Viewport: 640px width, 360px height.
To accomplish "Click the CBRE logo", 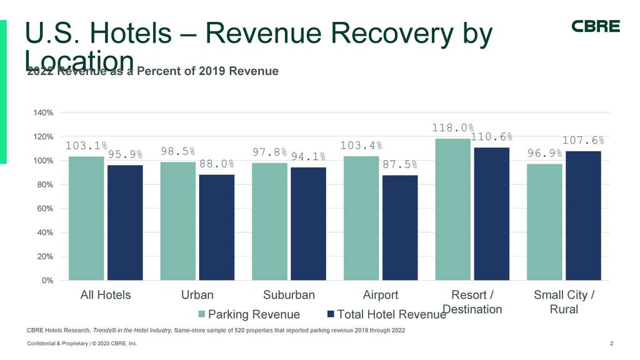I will pos(596,26).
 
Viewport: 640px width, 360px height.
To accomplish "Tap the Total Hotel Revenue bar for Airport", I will pos(400,227).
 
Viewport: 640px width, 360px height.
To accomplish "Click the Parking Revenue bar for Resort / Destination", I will pos(452,209).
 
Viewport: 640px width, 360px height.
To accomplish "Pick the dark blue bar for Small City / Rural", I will pos(583,216).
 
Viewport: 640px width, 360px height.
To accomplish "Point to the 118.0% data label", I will pos(452,128).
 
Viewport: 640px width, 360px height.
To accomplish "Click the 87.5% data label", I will pos(400,165).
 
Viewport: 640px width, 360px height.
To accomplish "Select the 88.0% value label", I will pos(217,164).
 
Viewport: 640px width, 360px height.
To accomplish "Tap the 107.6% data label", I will pos(583,141).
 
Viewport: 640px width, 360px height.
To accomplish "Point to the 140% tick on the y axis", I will pos(43,112).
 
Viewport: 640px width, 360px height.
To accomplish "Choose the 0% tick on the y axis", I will pos(47,280).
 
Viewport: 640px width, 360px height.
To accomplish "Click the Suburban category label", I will pos(289,295).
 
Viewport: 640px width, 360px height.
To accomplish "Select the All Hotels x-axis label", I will pos(106,295).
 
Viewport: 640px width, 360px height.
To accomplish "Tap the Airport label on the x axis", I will pos(381,295).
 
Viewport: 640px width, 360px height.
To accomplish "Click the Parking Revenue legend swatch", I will pos(201,314).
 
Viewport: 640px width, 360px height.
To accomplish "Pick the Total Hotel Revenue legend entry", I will pos(386,314).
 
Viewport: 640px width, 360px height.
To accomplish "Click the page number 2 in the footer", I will pos(611,344).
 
